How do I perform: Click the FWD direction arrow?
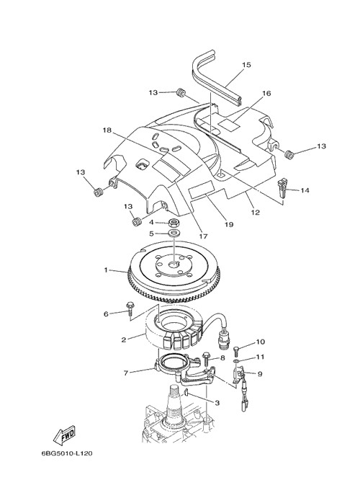point(64,434)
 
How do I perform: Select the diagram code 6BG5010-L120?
point(68,453)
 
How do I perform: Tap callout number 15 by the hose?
point(246,65)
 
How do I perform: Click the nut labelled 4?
point(174,222)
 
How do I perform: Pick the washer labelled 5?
point(174,234)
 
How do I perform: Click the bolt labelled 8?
point(205,357)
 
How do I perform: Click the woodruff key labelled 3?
point(186,393)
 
